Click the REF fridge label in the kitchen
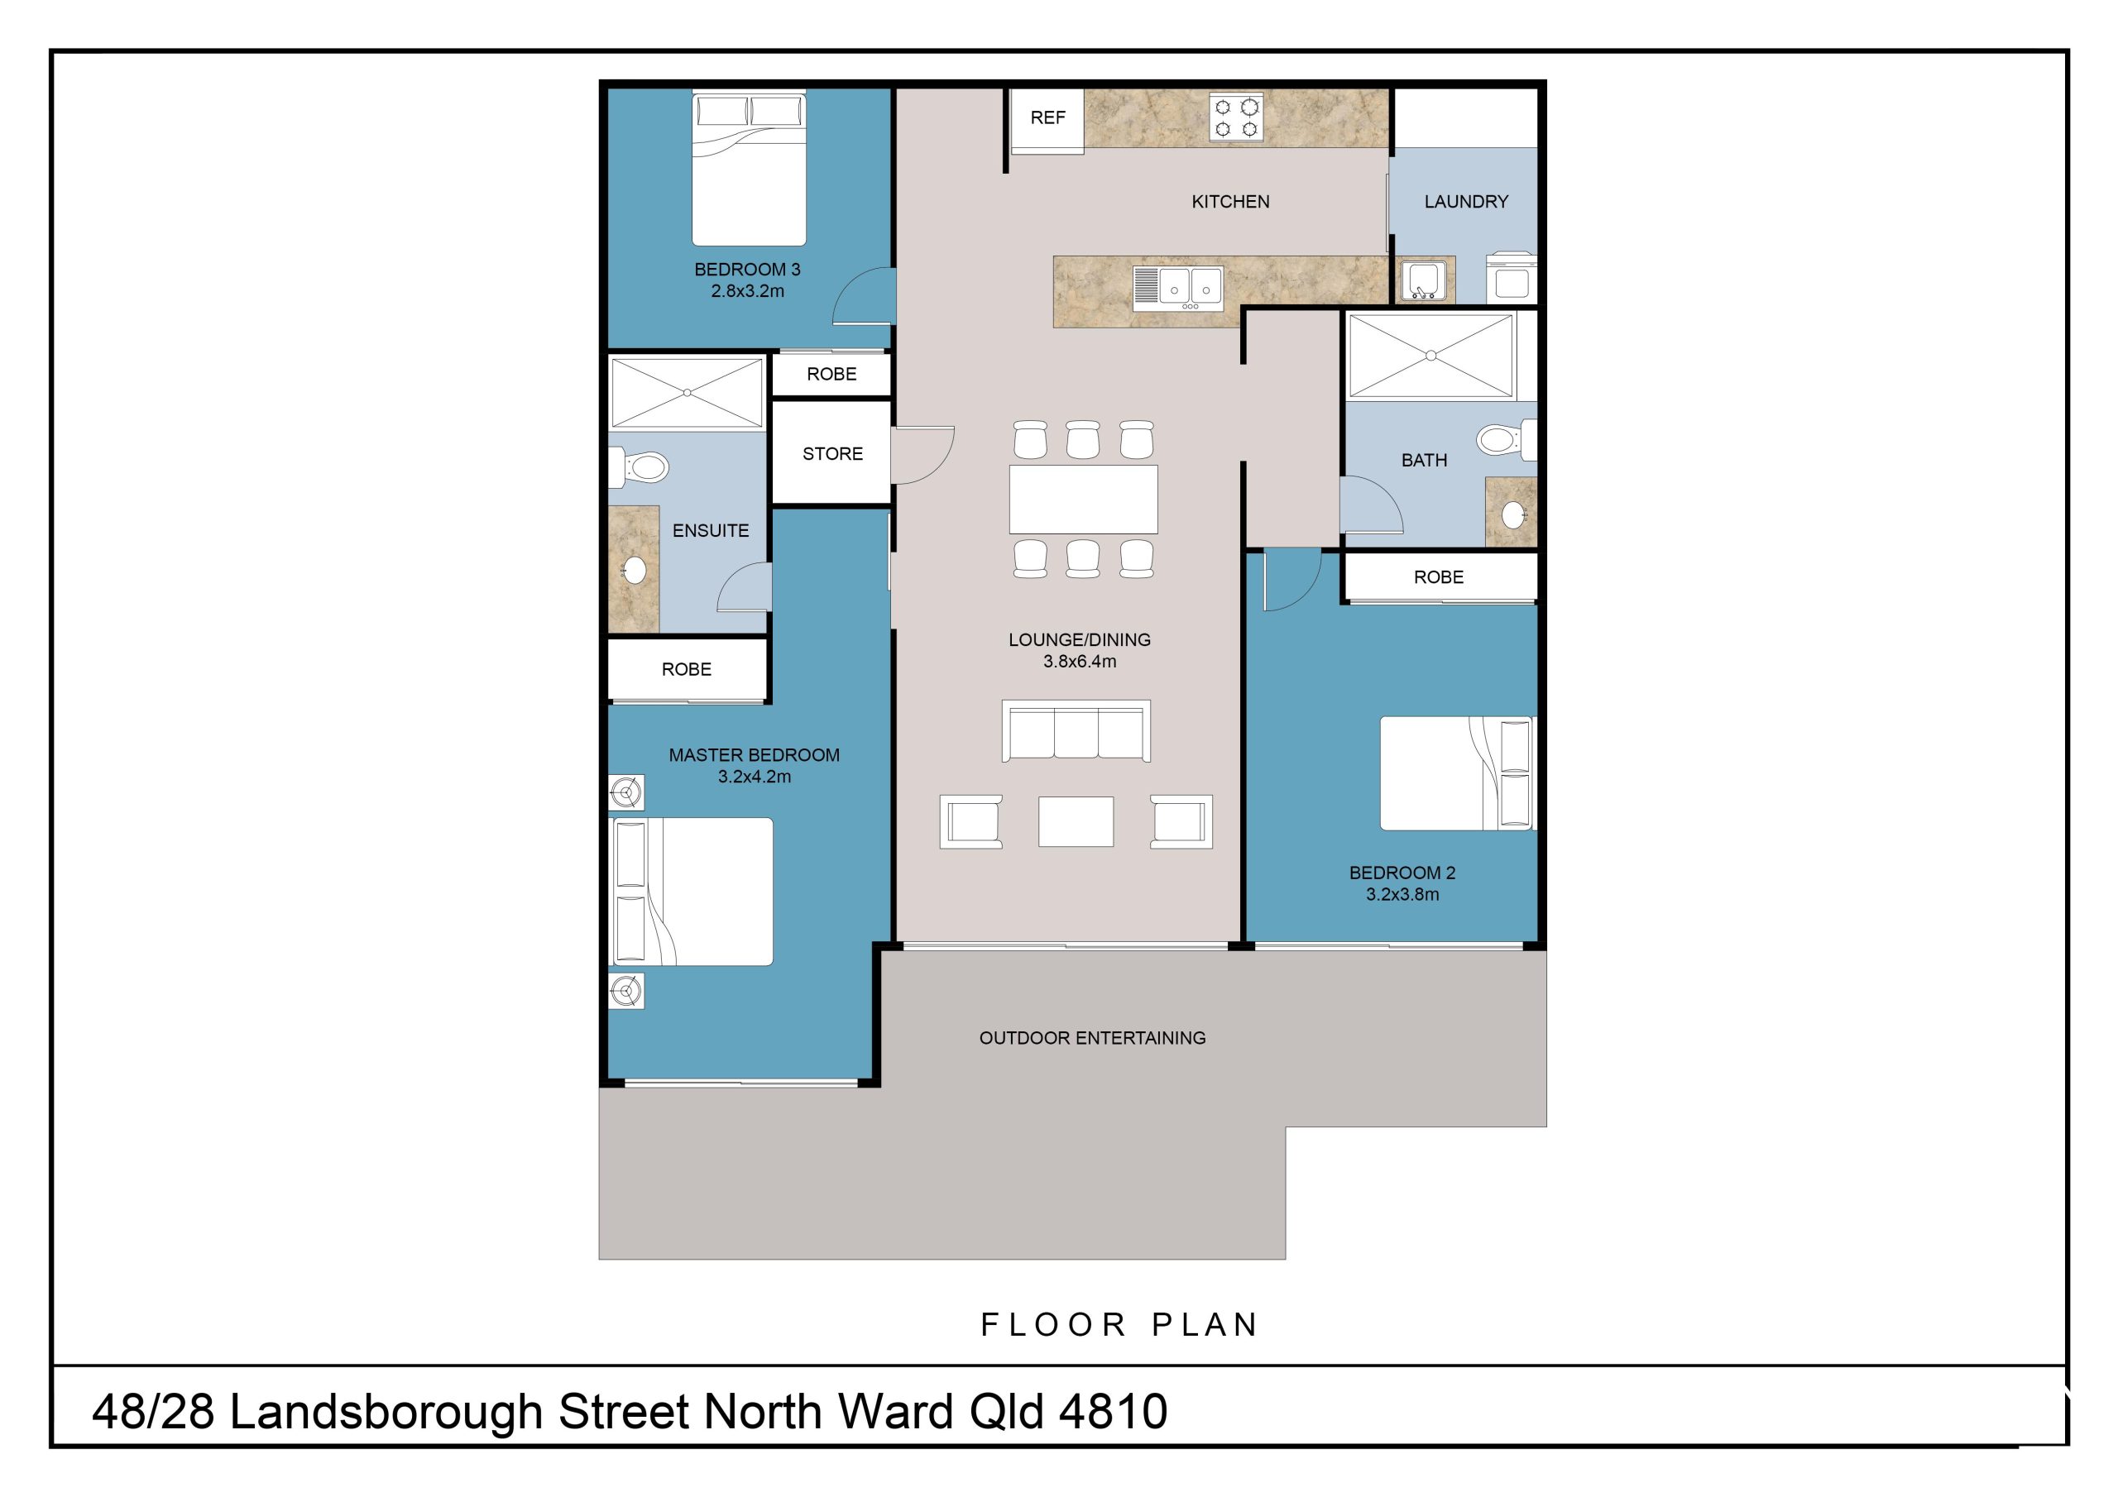(1047, 118)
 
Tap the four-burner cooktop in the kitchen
(1236, 119)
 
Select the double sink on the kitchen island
(1178, 288)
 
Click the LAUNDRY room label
(1466, 202)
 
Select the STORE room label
(832, 454)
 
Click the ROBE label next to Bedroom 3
(831, 375)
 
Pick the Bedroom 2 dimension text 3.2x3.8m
(1402, 895)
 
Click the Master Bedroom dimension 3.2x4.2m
(755, 777)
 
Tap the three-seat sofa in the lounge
(1076, 731)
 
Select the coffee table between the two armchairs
(1076, 821)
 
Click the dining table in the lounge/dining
(1083, 500)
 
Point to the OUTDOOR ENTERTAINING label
(1092, 1039)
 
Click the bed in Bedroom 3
(749, 168)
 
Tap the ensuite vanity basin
(635, 570)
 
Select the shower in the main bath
(1430, 356)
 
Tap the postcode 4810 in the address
(1114, 1412)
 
